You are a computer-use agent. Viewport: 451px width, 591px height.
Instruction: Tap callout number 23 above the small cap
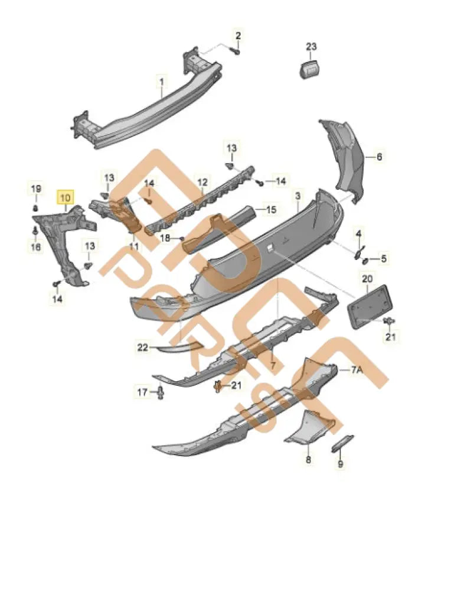311,46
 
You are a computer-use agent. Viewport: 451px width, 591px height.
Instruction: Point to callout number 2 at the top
238,35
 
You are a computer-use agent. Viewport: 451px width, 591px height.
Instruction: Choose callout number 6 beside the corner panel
378,157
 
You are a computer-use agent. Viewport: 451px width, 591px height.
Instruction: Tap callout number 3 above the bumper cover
298,196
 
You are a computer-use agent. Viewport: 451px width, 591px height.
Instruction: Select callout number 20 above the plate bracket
367,278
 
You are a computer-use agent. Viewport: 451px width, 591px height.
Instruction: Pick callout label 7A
357,369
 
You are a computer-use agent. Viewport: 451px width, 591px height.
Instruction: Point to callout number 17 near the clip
142,391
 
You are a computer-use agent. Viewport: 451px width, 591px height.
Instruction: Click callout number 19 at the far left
36,189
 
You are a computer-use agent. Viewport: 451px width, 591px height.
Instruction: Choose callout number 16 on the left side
36,248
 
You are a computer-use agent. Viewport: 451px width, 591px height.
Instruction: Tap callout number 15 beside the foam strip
270,210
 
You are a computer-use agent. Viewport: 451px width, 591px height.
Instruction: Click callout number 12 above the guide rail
202,182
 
